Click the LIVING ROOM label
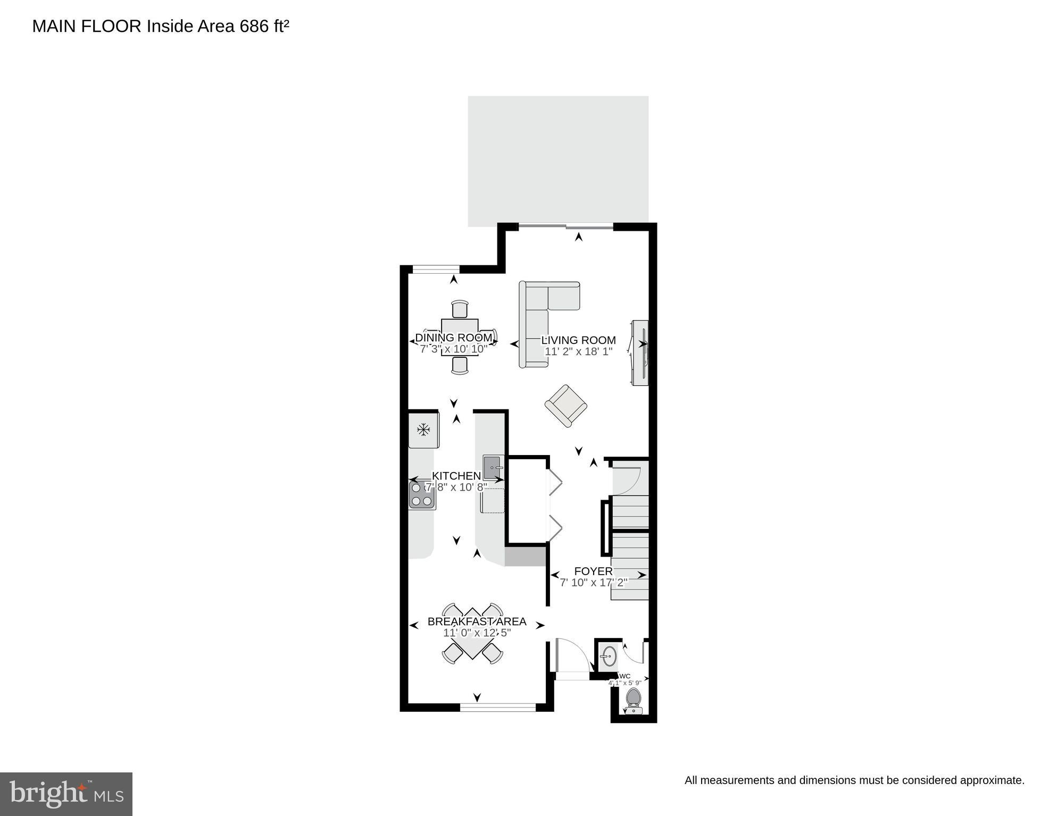tap(578, 340)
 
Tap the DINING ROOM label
tap(453, 338)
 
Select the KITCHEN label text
tap(456, 476)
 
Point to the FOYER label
tap(593, 571)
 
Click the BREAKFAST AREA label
tap(477, 621)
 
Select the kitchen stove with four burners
tap(422, 494)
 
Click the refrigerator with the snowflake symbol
tap(423, 430)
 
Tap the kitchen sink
tap(493, 467)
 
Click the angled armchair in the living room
tap(565, 406)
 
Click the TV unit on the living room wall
tap(640, 353)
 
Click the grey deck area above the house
tap(558, 159)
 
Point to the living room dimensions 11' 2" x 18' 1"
tap(578, 351)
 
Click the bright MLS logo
tap(66, 794)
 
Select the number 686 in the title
tap(254, 27)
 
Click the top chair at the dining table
tap(460, 309)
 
